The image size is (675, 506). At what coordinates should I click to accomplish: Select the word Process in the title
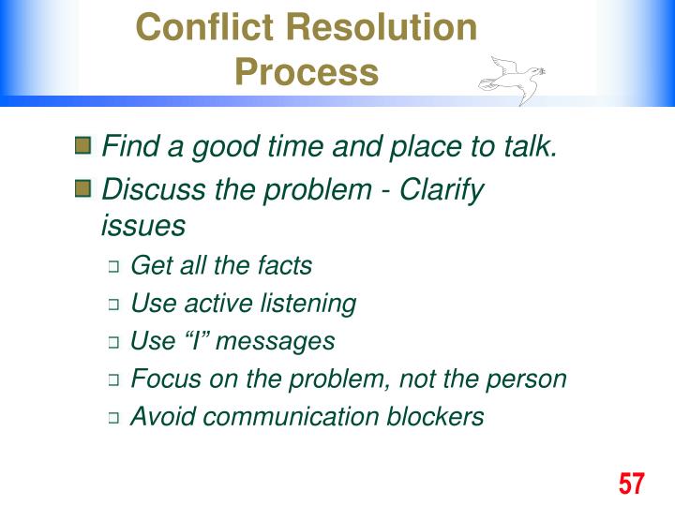pyautogui.click(x=307, y=72)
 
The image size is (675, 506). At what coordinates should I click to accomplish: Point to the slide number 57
pyautogui.click(x=632, y=484)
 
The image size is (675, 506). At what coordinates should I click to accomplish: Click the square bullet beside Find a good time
pyautogui.click(x=83, y=146)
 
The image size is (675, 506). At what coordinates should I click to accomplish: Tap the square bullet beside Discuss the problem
pyautogui.click(x=83, y=190)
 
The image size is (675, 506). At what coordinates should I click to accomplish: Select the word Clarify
pyautogui.click(x=442, y=190)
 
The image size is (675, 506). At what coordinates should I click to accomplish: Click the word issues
pyautogui.click(x=142, y=226)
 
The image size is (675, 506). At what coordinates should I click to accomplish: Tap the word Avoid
pyautogui.click(x=161, y=417)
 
